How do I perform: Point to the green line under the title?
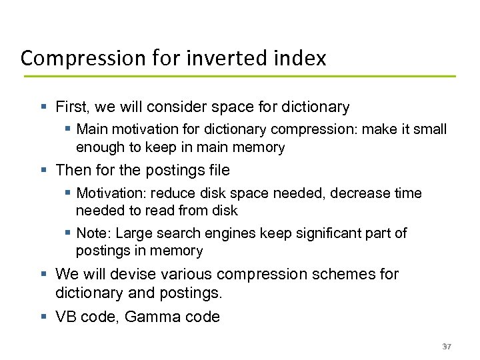(240, 77)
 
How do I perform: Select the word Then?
(73, 171)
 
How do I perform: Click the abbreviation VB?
(67, 317)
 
